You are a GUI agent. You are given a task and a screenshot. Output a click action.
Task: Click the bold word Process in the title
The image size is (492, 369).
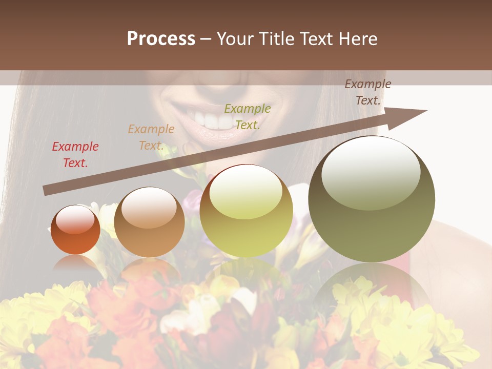click(x=161, y=39)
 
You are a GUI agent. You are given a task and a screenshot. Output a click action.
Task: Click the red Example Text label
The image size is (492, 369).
click(x=75, y=155)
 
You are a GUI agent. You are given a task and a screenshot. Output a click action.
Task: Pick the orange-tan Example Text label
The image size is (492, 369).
click(x=151, y=137)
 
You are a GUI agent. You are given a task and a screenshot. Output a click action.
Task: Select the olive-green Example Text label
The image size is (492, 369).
click(x=247, y=117)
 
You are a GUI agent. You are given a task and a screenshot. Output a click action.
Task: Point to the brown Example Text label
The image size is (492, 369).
click(x=367, y=92)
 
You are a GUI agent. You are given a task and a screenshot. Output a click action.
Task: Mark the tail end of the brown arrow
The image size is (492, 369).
click(x=46, y=190)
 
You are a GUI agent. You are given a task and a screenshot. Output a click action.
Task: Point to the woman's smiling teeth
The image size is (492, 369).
click(x=215, y=121)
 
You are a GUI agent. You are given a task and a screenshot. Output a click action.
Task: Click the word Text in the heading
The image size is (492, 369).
click(x=316, y=39)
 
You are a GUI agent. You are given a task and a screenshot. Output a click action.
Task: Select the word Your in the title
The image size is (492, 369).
click(x=234, y=39)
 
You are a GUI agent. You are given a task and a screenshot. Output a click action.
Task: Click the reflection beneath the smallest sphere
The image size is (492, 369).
click(x=75, y=263)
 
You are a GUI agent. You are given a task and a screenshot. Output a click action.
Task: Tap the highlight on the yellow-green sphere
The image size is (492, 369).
click(x=246, y=192)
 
